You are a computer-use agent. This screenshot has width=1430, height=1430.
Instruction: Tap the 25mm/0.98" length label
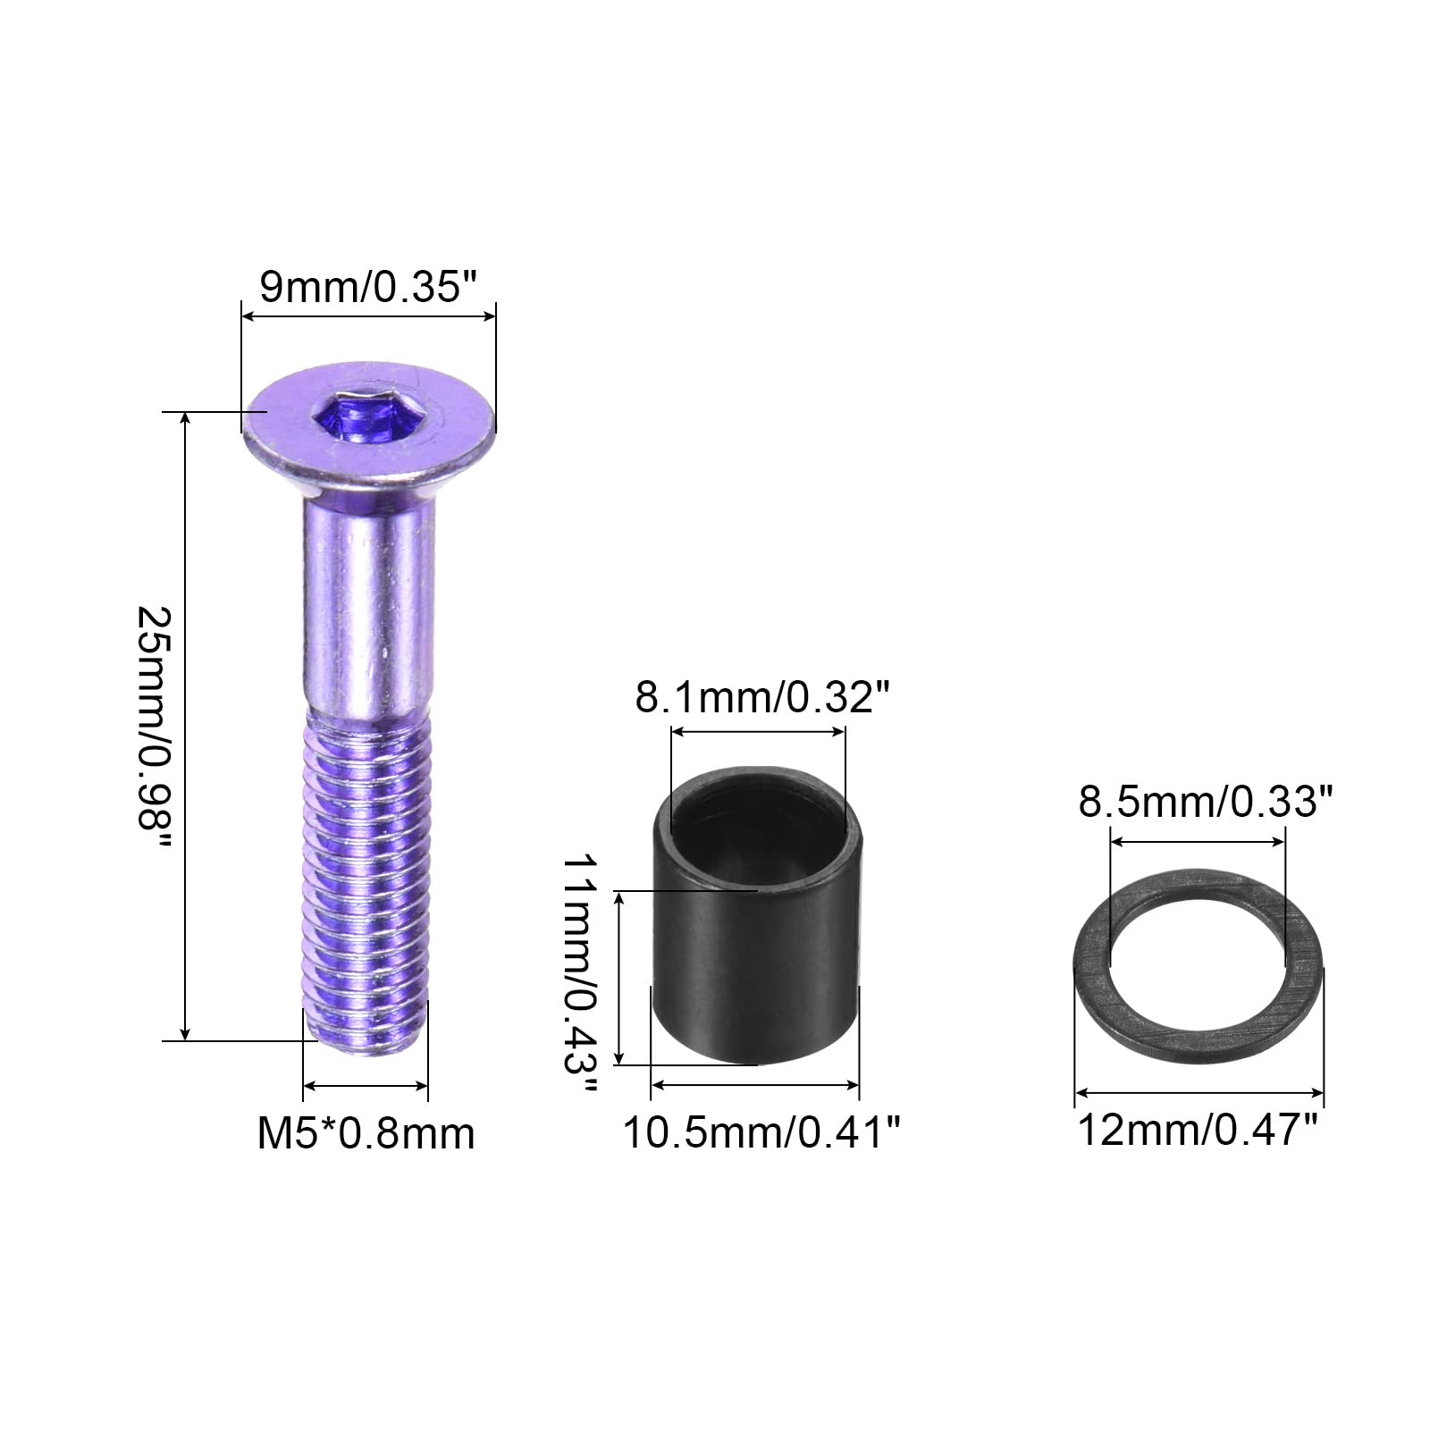coord(154,730)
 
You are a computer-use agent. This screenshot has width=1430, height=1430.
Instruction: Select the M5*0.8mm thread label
coord(366,1134)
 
